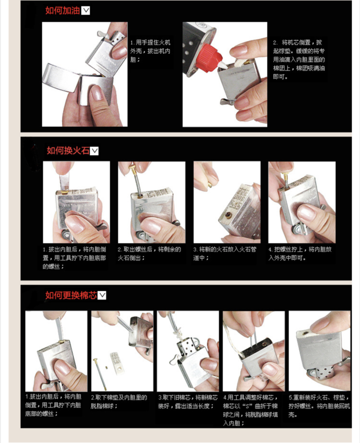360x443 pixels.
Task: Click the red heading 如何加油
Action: [63, 11]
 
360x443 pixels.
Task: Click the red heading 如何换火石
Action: [68, 150]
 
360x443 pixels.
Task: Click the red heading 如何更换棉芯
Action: [72, 295]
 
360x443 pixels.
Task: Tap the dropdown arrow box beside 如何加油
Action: [85, 11]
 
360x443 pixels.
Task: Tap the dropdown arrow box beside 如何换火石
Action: [94, 151]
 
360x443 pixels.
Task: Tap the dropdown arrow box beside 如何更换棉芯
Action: [102, 296]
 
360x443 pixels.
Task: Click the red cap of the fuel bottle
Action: [209, 59]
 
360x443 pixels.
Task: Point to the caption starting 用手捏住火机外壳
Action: [150, 51]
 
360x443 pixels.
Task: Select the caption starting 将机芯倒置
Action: [299, 60]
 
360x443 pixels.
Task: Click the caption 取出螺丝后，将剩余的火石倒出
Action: [149, 253]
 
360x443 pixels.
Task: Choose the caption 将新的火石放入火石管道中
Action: [225, 253]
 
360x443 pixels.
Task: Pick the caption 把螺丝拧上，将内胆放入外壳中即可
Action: [300, 253]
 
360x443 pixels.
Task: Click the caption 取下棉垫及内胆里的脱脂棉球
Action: [119, 402]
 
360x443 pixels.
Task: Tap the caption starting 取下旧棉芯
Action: [188, 402]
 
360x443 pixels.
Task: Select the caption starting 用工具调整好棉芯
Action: [251, 410]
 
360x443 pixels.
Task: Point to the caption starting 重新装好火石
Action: [319, 406]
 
